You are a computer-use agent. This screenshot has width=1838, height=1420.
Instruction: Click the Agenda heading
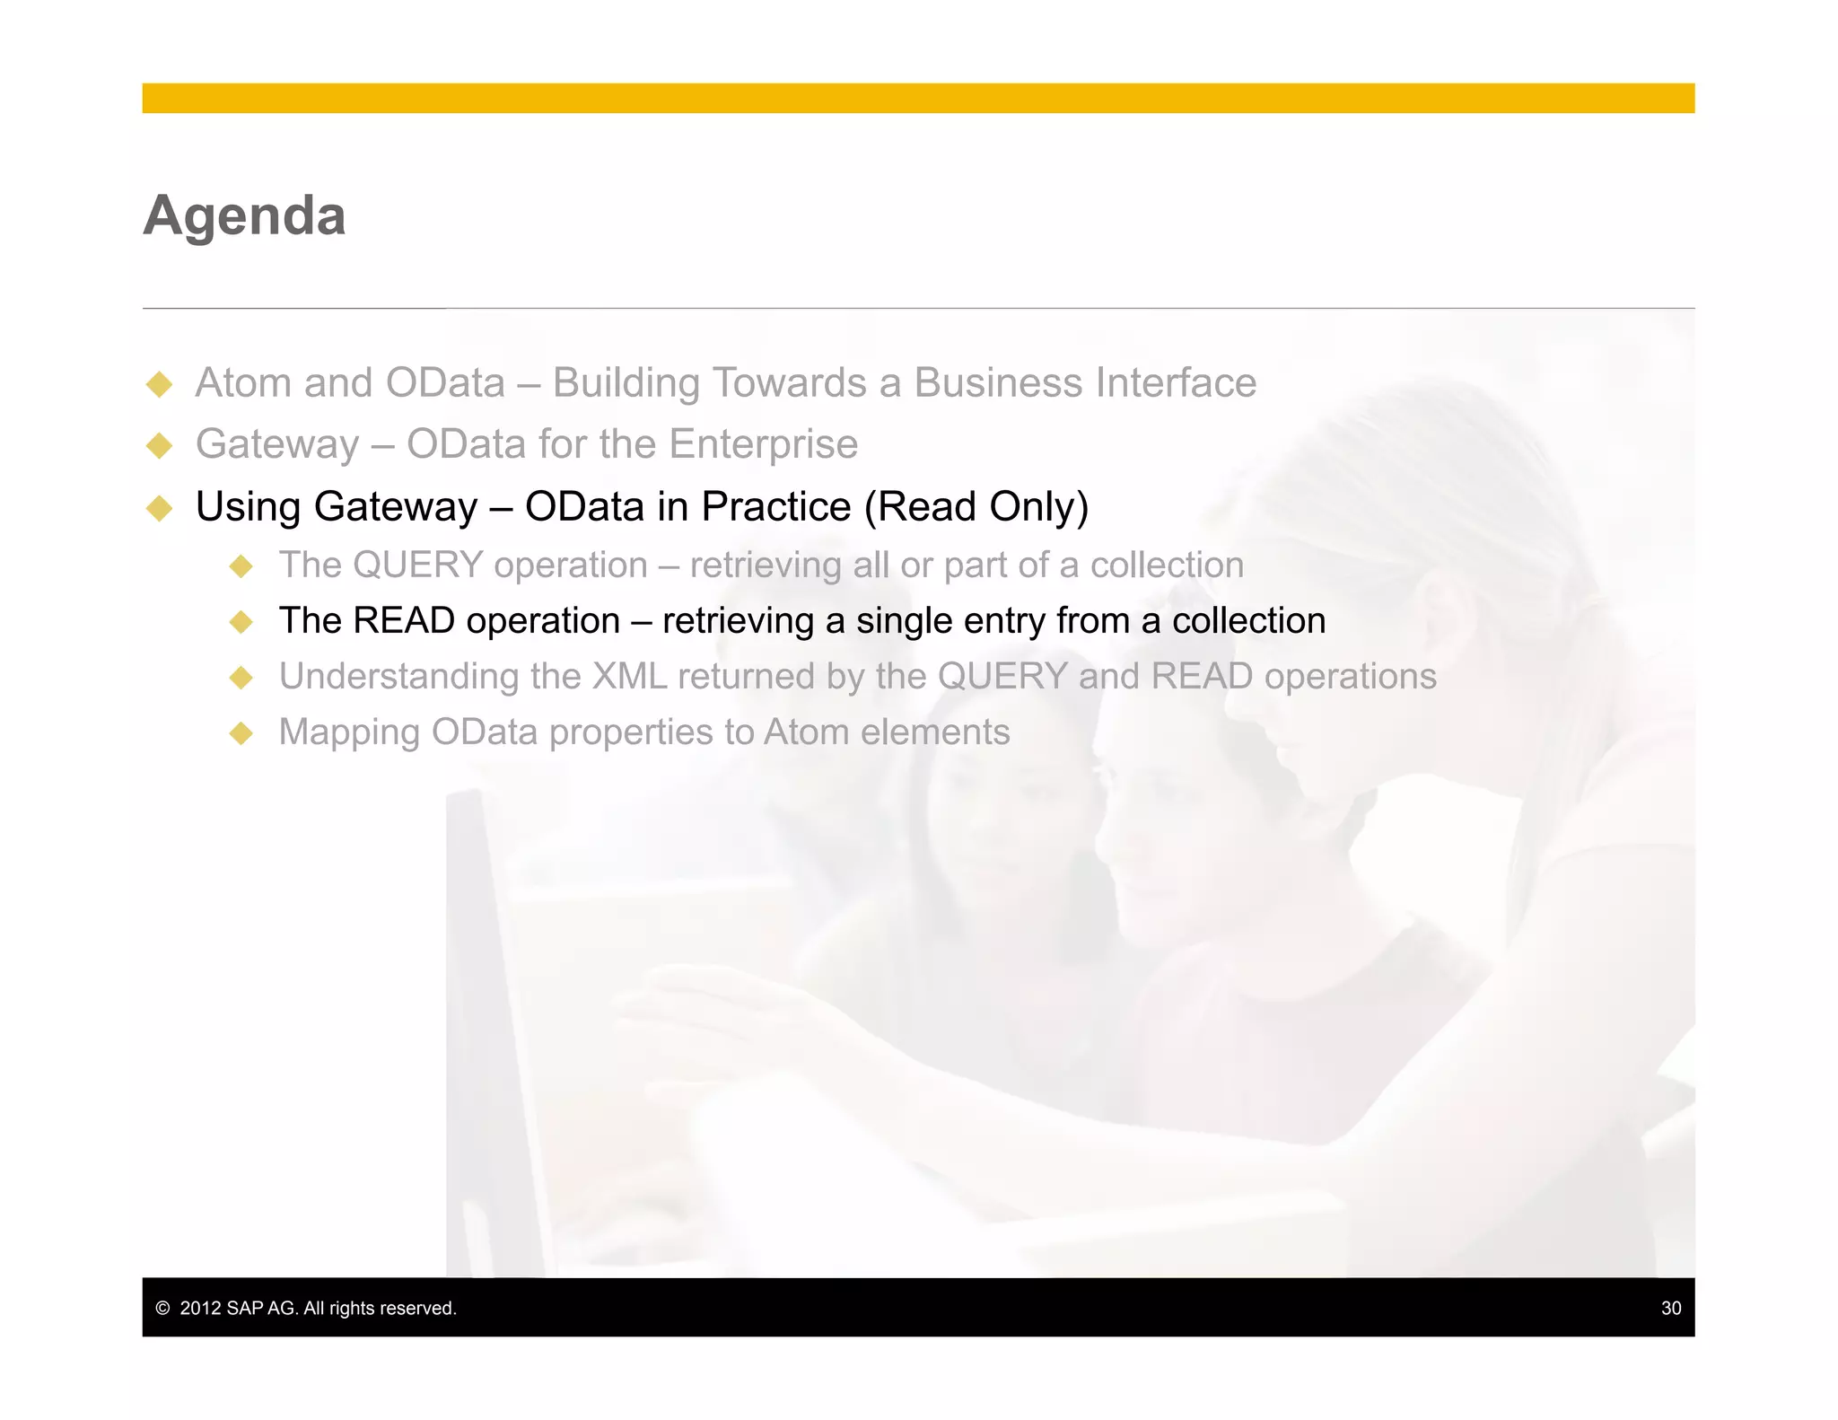click(244, 216)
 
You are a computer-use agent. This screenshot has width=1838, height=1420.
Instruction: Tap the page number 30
click(1670, 1308)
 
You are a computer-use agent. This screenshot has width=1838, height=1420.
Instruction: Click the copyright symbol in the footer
click(162, 1308)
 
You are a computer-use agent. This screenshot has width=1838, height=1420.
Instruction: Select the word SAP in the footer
click(245, 1308)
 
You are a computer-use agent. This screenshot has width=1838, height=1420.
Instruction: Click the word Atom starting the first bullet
click(244, 383)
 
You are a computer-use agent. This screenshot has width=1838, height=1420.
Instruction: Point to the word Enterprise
click(763, 444)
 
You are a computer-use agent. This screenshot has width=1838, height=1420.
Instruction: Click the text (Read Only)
click(976, 507)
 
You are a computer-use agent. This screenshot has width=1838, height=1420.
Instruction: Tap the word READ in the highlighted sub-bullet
click(404, 621)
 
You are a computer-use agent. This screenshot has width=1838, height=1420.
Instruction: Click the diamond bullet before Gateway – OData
click(160, 445)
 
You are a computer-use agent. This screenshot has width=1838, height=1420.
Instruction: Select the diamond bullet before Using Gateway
click(160, 508)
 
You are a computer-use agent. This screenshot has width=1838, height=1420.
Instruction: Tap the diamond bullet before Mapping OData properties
click(241, 733)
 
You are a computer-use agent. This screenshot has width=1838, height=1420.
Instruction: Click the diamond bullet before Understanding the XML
click(241, 678)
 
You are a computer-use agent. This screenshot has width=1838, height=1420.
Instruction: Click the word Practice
click(775, 507)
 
